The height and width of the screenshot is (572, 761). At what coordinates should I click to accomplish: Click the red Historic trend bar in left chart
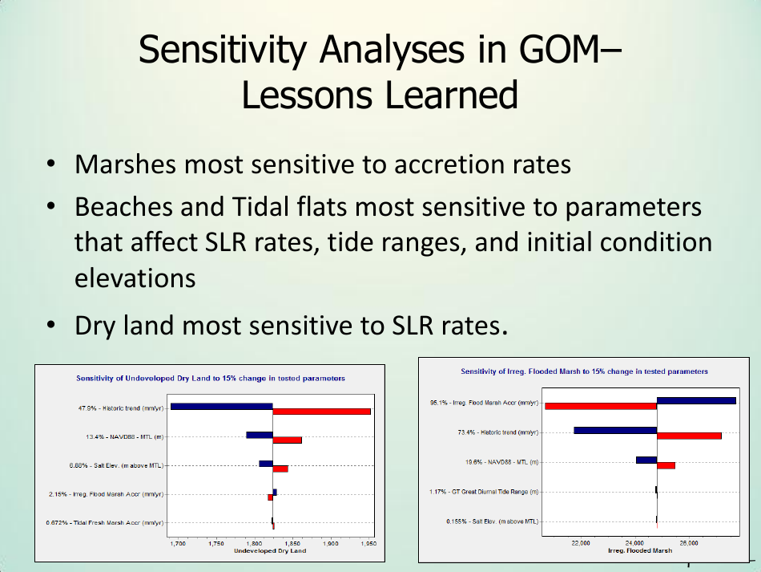coord(321,412)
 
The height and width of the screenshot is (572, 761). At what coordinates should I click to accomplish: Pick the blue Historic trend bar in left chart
coord(222,406)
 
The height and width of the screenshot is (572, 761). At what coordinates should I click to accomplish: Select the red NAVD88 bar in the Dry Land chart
coord(287,440)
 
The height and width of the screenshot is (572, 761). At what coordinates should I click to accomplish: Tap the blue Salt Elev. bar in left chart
coord(265,463)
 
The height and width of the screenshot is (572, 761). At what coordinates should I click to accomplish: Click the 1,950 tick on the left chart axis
coord(368,543)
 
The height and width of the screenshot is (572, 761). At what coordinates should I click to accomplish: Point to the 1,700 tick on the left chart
coord(178,543)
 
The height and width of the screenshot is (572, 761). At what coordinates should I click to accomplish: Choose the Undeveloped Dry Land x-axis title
coord(269,551)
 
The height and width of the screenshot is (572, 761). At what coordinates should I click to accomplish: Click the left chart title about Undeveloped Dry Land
coord(211,378)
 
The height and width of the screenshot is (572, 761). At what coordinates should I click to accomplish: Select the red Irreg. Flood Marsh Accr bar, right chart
coord(600,406)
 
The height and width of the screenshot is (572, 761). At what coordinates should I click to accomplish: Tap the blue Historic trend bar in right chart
coord(615,430)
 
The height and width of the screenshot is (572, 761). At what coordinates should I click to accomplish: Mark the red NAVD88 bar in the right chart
coord(666,465)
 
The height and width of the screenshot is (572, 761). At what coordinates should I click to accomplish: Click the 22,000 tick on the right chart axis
coord(581,543)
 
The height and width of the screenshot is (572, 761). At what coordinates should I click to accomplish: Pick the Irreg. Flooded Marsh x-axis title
coord(640,551)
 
